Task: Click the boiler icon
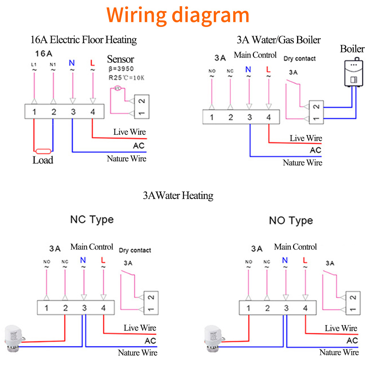(354, 72)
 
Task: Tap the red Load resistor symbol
(43, 151)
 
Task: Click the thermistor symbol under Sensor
(117, 88)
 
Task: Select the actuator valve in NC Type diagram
(14, 338)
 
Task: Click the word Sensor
(121, 59)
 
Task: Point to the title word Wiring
(137, 15)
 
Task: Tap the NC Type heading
(92, 220)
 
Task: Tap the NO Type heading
(291, 221)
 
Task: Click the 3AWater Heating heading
(178, 196)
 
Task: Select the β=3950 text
(121, 69)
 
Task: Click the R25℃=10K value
(126, 77)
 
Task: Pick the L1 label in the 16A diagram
(34, 65)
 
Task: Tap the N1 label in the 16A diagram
(53, 65)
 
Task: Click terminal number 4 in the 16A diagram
(93, 112)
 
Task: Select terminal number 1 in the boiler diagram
(212, 117)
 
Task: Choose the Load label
(43, 160)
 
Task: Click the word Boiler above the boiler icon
(352, 49)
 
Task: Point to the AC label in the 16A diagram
(139, 146)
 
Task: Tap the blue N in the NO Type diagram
(285, 260)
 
